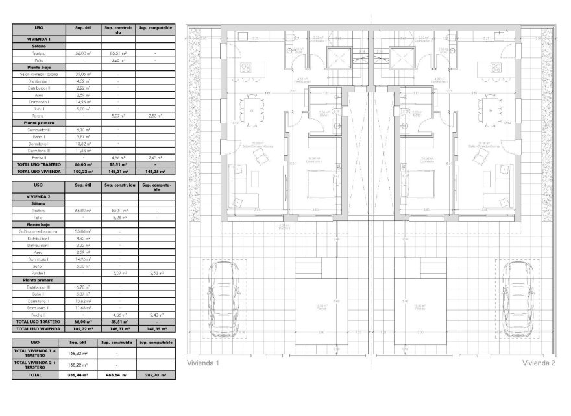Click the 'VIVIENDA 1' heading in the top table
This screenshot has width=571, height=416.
pyautogui.click(x=38, y=39)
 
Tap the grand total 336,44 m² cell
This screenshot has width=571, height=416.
pyautogui.click(x=77, y=375)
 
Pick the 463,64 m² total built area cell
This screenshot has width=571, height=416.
pyautogui.click(x=116, y=375)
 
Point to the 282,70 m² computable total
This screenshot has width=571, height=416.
pyautogui.click(x=155, y=375)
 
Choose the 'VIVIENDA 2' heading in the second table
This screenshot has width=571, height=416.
pyautogui.click(x=38, y=196)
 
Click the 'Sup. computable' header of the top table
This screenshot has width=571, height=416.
pyautogui.click(x=155, y=28)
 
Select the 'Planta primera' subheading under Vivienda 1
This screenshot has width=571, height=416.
pyautogui.click(x=38, y=122)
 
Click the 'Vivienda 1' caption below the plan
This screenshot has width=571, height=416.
pyautogui.click(x=203, y=364)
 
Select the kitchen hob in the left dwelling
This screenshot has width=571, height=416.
pyautogui.click(x=247, y=67)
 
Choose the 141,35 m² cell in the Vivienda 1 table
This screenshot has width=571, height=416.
pyautogui.click(x=155, y=172)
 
